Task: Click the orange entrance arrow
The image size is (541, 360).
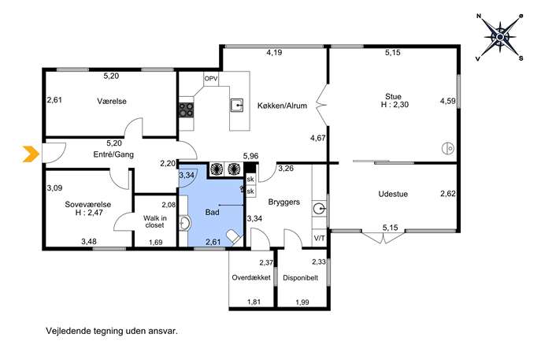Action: pyautogui.click(x=31, y=154)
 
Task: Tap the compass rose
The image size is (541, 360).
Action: pyautogui.click(x=500, y=36)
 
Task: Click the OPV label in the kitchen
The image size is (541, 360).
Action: pyautogui.click(x=211, y=79)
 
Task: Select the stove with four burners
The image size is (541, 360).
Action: pyautogui.click(x=186, y=110)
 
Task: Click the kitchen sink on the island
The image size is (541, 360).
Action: pyautogui.click(x=237, y=106)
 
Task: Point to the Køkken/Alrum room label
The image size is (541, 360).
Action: pyautogui.click(x=282, y=106)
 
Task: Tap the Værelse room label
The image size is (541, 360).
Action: pyautogui.click(x=112, y=102)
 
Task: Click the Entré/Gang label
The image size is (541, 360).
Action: pyautogui.click(x=113, y=154)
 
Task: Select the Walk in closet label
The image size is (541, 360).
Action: pyautogui.click(x=155, y=221)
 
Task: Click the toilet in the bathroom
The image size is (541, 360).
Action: pyautogui.click(x=234, y=237)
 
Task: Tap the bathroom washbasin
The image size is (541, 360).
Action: pyautogui.click(x=184, y=223)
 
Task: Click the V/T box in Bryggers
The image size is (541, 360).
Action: pyautogui.click(x=319, y=238)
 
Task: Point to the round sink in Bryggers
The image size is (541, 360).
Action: pyautogui.click(x=320, y=209)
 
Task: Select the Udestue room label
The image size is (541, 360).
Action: pyautogui.click(x=393, y=194)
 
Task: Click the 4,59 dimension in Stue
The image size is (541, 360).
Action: pyautogui.click(x=448, y=101)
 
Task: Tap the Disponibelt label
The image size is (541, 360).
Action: pyautogui.click(x=301, y=278)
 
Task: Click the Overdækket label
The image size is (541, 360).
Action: pyautogui.click(x=251, y=277)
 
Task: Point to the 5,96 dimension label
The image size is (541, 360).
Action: pyautogui.click(x=251, y=156)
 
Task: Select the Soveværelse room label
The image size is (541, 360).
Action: pyautogui.click(x=88, y=204)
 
